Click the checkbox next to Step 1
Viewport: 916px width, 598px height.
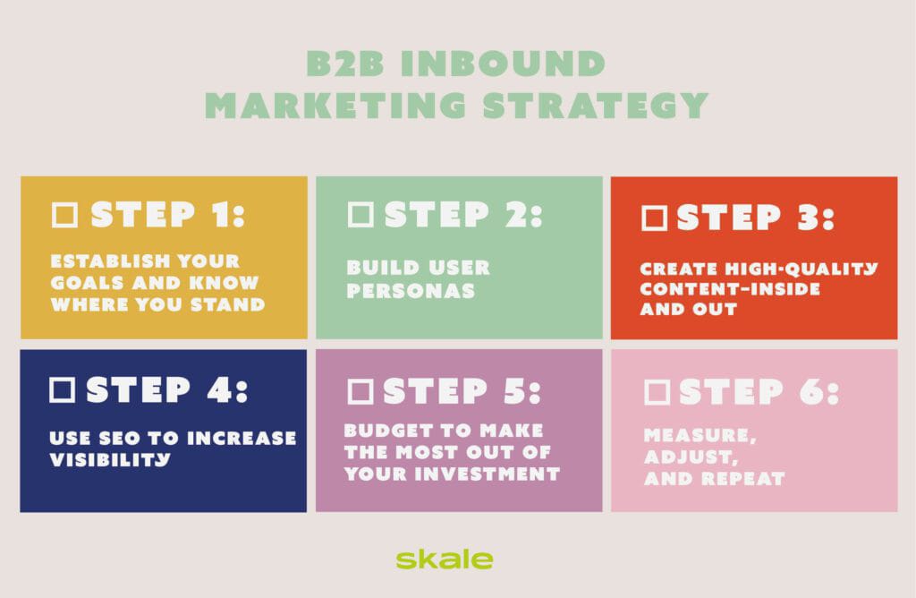tap(65, 215)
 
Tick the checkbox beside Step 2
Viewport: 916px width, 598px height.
tap(360, 215)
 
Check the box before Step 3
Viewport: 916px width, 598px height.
tap(655, 218)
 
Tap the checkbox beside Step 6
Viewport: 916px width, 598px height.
tap(657, 391)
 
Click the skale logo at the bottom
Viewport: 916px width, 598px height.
tap(444, 560)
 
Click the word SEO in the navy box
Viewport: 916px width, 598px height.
tap(125, 438)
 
